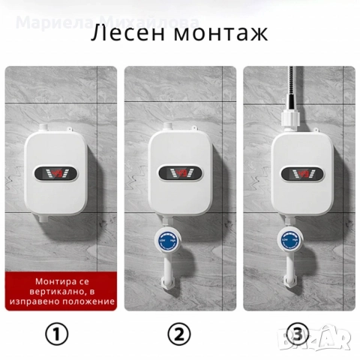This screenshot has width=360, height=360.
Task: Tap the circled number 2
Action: click(178, 332)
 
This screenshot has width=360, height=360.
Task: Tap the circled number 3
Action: click(298, 332)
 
